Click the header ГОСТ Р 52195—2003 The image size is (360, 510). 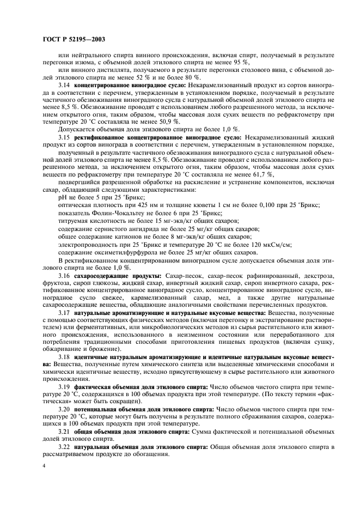click(x=74, y=39)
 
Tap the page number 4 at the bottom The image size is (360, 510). click(x=44, y=466)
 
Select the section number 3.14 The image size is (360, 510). click(x=65, y=87)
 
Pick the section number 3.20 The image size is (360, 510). click(x=65, y=407)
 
